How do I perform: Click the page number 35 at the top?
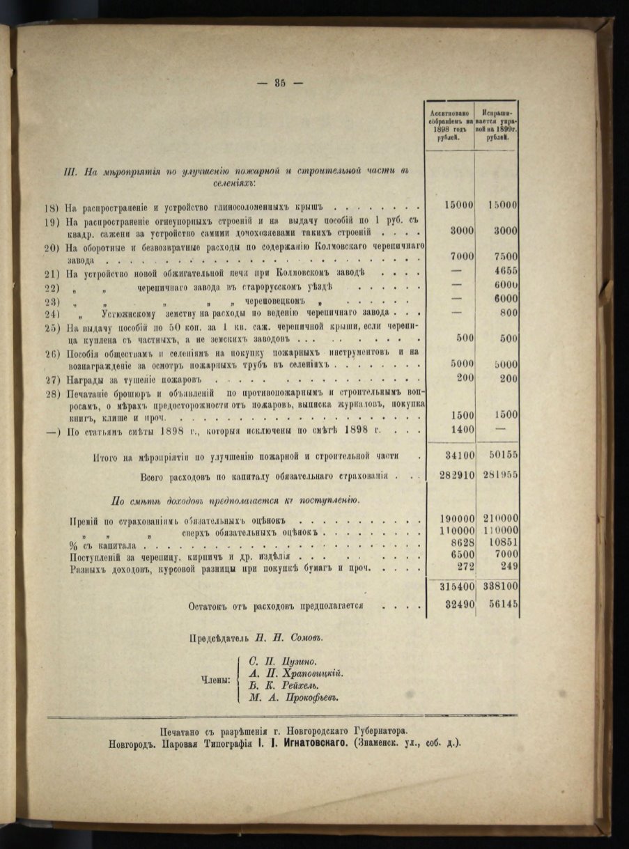click(280, 82)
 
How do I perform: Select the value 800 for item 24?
click(508, 313)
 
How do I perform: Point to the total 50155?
click(500, 455)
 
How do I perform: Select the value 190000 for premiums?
click(456, 520)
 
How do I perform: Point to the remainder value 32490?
click(459, 605)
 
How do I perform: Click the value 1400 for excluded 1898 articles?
click(460, 430)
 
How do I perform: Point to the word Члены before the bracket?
click(213, 679)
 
